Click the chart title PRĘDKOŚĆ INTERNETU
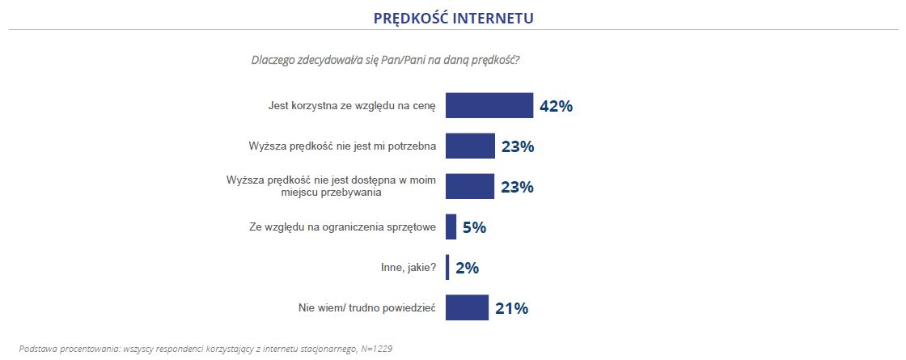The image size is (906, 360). pyautogui.click(x=453, y=17)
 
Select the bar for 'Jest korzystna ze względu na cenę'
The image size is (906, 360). pyautogui.click(x=489, y=106)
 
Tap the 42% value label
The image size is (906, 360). pyautogui.click(x=556, y=106)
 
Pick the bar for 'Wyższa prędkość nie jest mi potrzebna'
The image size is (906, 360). pyautogui.click(x=470, y=146)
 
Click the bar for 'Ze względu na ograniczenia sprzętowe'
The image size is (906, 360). pyautogui.click(x=451, y=227)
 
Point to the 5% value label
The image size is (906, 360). pyautogui.click(x=474, y=227)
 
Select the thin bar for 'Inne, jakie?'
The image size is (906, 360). pyautogui.click(x=447, y=268)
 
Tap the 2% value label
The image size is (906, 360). pyautogui.click(x=468, y=268)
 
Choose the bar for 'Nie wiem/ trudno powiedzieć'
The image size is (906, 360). pyautogui.click(x=467, y=307)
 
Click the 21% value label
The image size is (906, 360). pyautogui.click(x=511, y=308)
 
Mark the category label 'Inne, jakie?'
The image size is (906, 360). pyautogui.click(x=409, y=268)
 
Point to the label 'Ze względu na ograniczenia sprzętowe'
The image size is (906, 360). pyautogui.click(x=343, y=227)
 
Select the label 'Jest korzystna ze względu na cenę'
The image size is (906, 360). pyautogui.click(x=352, y=106)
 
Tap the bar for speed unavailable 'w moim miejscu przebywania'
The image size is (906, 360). pyautogui.click(x=470, y=187)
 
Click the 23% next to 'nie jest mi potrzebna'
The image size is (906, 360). pyautogui.click(x=517, y=146)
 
